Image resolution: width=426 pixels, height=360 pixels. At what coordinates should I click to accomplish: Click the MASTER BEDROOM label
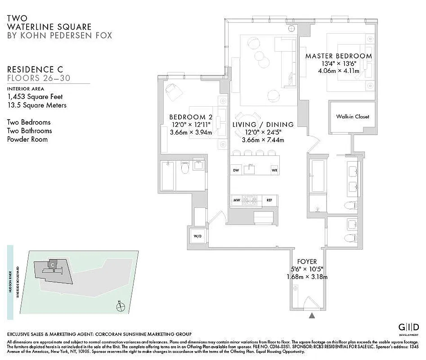[338, 56]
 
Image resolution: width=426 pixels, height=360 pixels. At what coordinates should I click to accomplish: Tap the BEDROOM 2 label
[190, 118]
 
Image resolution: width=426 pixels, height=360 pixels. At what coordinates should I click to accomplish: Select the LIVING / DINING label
[263, 125]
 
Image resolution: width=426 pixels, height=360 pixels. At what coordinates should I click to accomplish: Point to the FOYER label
[307, 261]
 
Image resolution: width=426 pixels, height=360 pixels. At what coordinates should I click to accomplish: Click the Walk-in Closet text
[352, 117]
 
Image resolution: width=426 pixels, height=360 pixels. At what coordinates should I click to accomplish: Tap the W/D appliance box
[197, 236]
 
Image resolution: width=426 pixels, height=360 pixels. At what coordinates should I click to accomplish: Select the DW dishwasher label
[236, 171]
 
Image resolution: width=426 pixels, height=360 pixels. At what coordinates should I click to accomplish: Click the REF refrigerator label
[269, 200]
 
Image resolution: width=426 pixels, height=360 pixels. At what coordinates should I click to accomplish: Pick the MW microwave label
[236, 200]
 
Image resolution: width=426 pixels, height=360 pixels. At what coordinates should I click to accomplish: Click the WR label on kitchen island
[274, 171]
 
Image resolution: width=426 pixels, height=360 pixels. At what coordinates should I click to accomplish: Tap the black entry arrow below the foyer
[311, 316]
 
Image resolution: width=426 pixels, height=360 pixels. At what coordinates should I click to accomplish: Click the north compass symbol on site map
[120, 307]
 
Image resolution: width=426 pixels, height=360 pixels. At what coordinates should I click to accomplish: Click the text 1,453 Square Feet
[35, 97]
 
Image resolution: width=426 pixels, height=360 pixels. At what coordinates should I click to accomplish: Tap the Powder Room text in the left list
[27, 139]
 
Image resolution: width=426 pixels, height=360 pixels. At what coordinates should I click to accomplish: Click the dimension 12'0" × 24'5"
[263, 132]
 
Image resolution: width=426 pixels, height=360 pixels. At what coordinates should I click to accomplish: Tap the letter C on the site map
[53, 265]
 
